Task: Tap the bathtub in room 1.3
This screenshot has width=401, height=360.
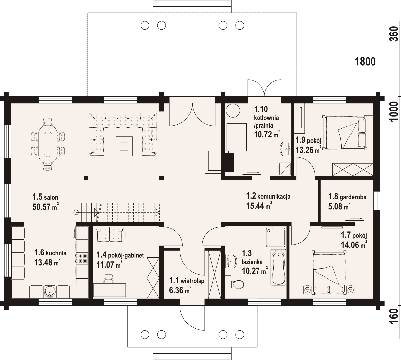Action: pos(278,267)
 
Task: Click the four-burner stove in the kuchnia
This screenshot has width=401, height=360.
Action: pos(83,258)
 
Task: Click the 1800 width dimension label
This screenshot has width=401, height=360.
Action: pos(365,62)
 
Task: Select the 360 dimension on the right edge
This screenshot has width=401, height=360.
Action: pos(393,34)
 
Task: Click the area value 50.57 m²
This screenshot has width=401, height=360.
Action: pos(45,207)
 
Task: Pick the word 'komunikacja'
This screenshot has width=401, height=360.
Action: pos(274,196)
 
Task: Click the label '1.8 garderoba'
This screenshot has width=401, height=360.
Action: pos(347,197)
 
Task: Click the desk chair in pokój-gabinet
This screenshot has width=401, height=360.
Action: pos(108,279)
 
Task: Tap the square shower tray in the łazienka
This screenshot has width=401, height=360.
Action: pos(275,237)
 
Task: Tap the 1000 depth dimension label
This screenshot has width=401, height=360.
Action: pos(393,111)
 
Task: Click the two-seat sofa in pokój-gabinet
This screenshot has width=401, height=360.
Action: pos(109,235)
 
